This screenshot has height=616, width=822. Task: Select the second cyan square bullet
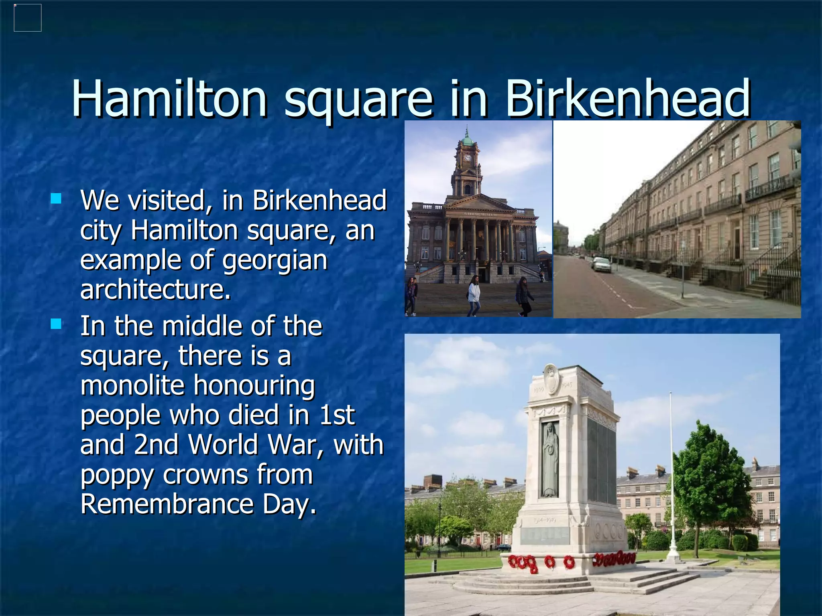point(56,324)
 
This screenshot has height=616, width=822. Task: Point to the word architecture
point(156,290)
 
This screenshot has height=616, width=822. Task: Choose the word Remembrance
point(167,504)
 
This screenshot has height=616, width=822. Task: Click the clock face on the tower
point(468,158)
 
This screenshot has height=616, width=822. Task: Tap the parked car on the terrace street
point(601,265)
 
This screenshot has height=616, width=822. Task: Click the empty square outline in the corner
point(28,18)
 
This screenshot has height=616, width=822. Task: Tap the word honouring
point(254,386)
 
